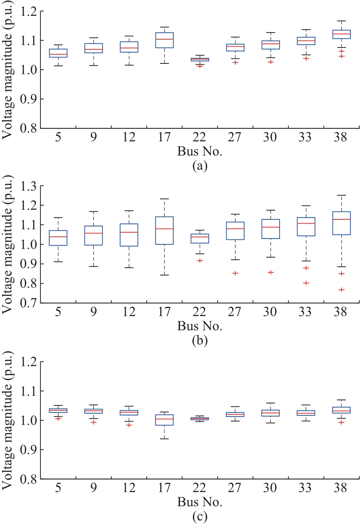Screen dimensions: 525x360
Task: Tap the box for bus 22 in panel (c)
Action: [200, 419]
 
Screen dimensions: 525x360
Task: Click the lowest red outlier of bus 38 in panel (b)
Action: [342, 290]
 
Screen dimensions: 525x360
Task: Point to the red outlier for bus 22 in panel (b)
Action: [200, 260]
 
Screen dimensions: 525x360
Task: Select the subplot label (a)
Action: [198, 166]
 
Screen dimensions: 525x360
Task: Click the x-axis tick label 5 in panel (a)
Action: [58, 138]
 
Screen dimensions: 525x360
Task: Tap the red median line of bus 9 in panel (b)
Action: [93, 233]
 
